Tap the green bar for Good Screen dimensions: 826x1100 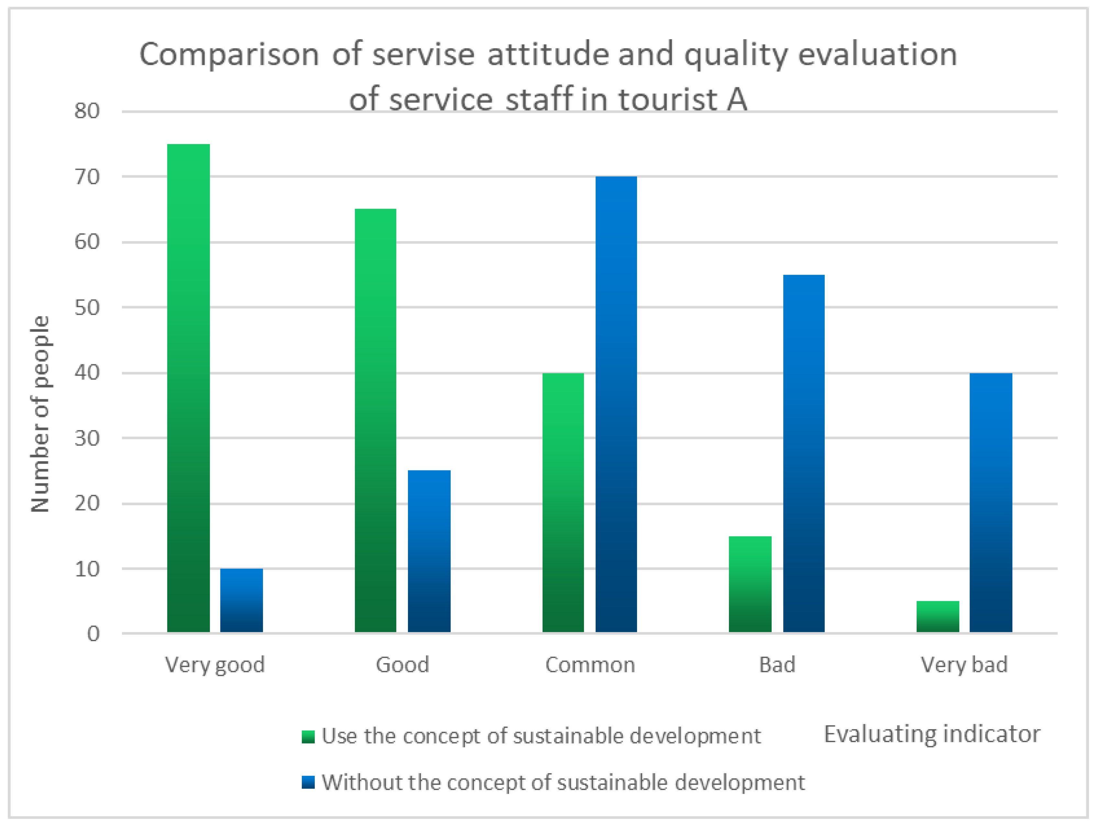pyautogui.click(x=375, y=420)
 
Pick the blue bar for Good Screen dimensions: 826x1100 pyautogui.click(x=429, y=551)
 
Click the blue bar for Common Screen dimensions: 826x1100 pyautogui.click(x=616, y=404)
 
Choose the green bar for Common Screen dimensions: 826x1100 pyautogui.click(x=563, y=502)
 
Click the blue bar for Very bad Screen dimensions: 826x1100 pyautogui.click(x=991, y=502)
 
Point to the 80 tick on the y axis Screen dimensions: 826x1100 pyautogui.click(x=87, y=111)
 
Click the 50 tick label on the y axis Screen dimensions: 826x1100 pyautogui.click(x=87, y=307)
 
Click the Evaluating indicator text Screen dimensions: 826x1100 pyautogui.click(x=932, y=734)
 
